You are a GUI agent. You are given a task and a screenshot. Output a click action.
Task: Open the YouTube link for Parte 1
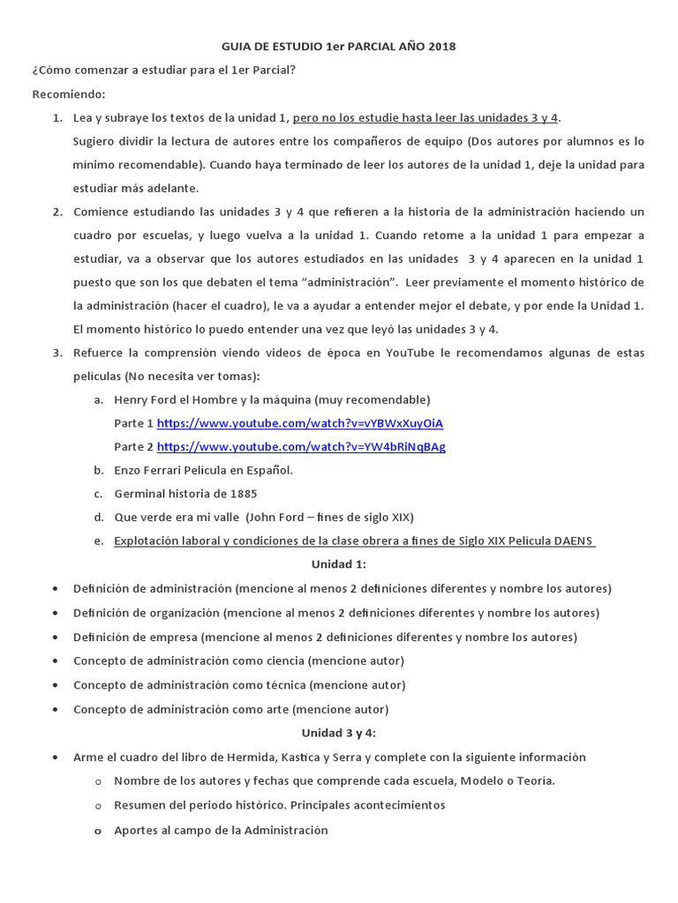point(300,422)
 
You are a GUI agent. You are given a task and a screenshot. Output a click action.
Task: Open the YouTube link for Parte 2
point(301,446)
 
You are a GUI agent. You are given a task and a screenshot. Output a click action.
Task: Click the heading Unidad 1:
point(338,564)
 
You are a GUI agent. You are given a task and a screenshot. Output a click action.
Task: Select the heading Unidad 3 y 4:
point(338,733)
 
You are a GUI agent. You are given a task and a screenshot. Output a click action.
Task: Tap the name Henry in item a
point(131,399)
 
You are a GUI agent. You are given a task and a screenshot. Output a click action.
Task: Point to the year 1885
point(242,494)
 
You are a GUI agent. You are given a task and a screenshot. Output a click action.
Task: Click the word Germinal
point(140,494)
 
